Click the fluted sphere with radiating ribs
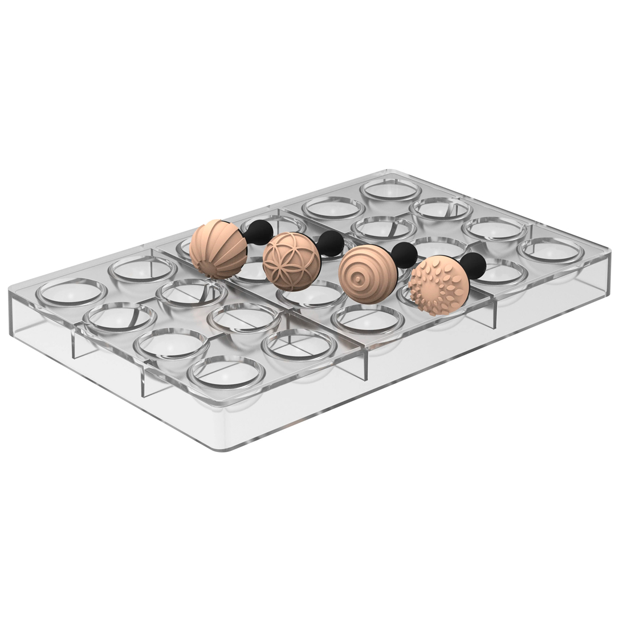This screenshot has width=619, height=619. [x=218, y=249]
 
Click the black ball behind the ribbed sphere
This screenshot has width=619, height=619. [x=260, y=231]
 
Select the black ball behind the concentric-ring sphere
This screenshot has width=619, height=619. [x=405, y=254]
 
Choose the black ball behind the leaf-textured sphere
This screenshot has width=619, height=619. [x=474, y=266]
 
